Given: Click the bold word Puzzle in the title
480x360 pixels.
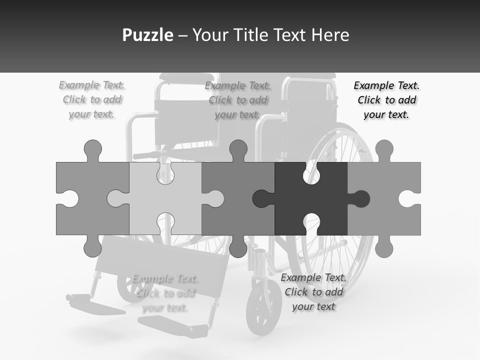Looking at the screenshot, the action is [x=148, y=35].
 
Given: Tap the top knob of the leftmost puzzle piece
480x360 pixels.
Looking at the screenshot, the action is [x=93, y=150].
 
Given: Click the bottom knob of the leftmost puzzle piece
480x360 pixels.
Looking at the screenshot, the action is [x=93, y=246].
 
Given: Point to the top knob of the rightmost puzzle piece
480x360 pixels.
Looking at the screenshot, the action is [x=384, y=150].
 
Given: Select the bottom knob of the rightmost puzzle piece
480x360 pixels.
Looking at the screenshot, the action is [x=384, y=246].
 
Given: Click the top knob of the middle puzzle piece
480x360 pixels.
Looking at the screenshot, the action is [x=238, y=150].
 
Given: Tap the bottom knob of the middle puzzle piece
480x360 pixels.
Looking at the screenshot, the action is [x=238, y=246].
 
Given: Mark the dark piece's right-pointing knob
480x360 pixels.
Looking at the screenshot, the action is [x=359, y=198].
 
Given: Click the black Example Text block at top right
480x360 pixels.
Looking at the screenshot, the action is [x=386, y=100].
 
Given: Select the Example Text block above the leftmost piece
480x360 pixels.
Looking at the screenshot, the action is [x=92, y=99].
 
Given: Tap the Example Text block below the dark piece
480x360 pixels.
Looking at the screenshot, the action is [x=313, y=292].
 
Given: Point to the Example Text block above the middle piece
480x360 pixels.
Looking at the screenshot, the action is [x=238, y=100].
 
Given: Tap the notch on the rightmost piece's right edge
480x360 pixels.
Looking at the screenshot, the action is [x=410, y=198].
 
